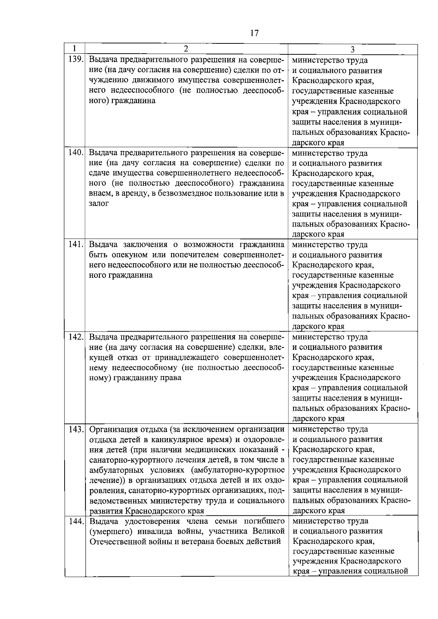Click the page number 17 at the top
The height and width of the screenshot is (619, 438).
click(254, 33)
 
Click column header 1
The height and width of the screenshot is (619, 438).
click(74, 49)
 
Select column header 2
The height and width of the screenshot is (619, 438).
click(186, 49)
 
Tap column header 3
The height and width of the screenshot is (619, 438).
click(352, 50)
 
